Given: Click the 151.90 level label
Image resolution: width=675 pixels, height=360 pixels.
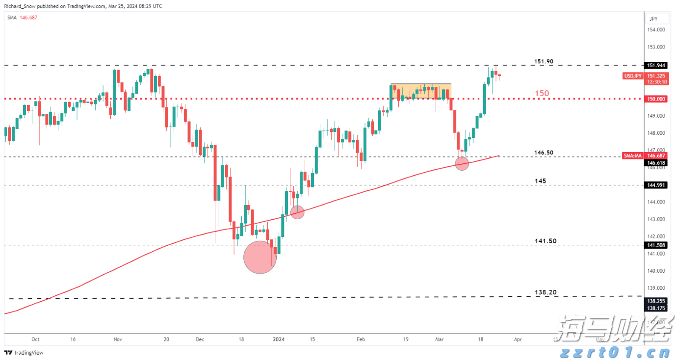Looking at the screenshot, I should pos(544,61).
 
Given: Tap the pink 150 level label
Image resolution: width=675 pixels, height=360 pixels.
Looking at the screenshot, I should pos(542,93).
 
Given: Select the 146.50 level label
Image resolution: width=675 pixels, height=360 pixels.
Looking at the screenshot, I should pos(544,153).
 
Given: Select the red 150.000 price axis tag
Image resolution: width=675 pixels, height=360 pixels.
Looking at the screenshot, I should pos(656,99).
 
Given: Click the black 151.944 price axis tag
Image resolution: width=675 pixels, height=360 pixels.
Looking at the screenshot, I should pos(656,65).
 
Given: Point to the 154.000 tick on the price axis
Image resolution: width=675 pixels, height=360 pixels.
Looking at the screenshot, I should pos(656,30).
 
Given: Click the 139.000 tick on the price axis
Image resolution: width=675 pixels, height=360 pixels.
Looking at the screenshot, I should pos(656,288).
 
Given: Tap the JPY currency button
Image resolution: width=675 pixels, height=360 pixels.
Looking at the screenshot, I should pos(653,19).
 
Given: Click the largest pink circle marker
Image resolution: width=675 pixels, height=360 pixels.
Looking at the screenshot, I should pos(260,257).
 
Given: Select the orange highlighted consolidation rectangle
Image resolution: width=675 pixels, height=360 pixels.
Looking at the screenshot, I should pos(420,91).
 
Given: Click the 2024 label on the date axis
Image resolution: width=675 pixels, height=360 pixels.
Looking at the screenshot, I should pos(279,339).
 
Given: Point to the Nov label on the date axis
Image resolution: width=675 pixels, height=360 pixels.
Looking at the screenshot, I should pos(117,339).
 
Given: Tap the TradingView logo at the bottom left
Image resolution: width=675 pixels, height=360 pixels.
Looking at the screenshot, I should pos(24,353).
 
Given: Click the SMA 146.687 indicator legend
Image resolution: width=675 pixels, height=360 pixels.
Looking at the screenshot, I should pos(22,17).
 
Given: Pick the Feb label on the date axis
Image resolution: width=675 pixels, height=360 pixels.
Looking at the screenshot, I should pos(361,339).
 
